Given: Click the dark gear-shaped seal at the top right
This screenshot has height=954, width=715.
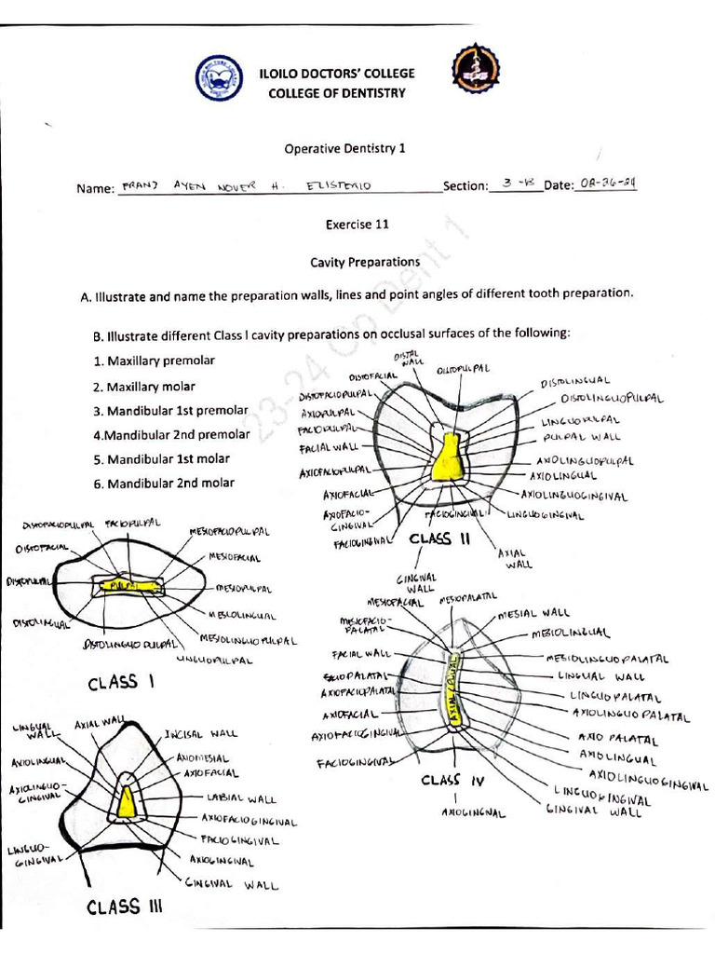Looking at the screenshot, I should tap(475, 74).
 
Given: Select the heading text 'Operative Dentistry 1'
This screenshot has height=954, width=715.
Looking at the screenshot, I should tap(344, 148).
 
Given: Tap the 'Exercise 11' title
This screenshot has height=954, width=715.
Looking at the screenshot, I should tap(357, 224).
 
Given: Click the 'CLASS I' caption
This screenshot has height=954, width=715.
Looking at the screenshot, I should tap(120, 683).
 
